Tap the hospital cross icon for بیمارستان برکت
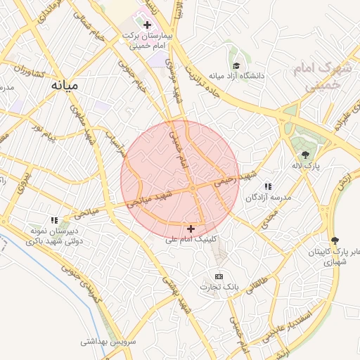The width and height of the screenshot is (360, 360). [x=147, y=25]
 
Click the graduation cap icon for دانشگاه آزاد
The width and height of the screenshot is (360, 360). [x=234, y=65]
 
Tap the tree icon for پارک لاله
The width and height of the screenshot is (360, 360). [x=305, y=155]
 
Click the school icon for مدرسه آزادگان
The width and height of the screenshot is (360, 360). [x=268, y=186]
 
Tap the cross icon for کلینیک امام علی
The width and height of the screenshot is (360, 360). [x=191, y=229]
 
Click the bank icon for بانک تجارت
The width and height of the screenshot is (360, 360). [x=219, y=276]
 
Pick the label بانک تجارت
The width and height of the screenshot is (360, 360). [x=219, y=288]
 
